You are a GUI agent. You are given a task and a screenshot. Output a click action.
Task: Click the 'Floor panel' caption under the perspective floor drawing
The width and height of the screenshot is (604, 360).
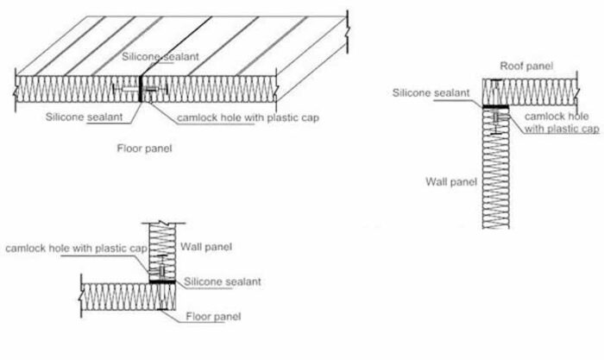145,148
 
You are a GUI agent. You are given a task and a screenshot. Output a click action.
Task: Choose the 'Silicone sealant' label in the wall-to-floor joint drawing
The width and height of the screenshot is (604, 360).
222,281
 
